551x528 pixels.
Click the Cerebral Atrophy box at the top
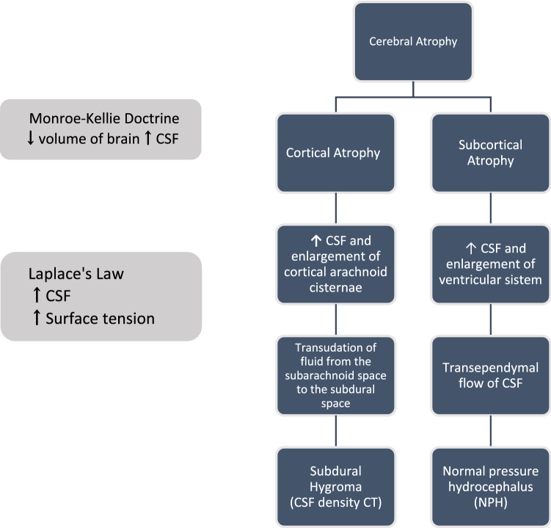tap(413, 42)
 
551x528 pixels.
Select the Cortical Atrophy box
tap(336, 153)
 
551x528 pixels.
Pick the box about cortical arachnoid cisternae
tap(336, 264)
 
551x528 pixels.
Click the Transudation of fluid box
tap(336, 375)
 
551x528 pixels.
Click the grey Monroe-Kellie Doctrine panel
tap(101, 129)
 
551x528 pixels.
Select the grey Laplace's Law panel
tap(101, 296)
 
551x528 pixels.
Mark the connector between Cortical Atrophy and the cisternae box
tap(336, 209)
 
